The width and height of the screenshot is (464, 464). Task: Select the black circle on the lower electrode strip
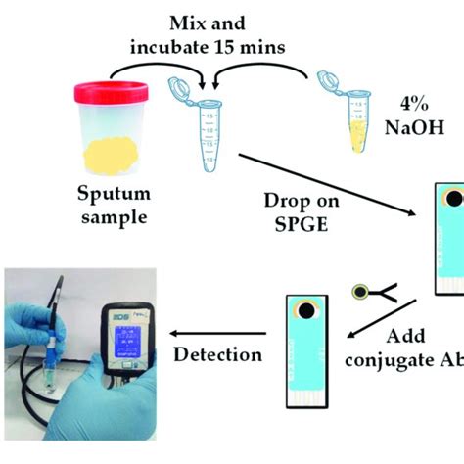coord(307,312)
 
